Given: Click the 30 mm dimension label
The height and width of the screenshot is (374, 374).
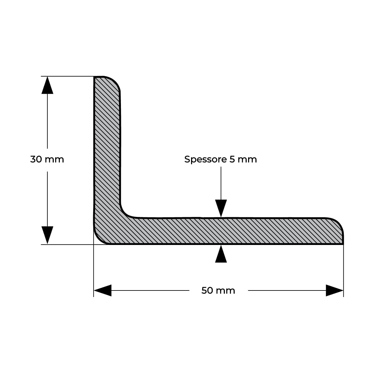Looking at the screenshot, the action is pos(47,159).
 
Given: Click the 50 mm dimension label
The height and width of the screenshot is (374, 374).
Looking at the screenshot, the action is pos(218,290).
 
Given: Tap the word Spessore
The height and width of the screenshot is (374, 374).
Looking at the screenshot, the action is pos(205,160).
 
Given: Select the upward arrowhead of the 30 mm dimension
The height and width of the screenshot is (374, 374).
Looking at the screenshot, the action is pos(47,85).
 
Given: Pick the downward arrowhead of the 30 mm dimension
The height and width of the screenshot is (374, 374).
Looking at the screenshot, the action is pos(47,235).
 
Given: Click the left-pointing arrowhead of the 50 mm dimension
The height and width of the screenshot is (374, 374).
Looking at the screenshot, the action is pos(103,290).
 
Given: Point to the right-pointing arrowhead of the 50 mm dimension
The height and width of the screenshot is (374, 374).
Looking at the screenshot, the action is pos(335,290).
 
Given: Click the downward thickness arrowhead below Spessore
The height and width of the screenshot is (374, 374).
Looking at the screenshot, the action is pos(221,208).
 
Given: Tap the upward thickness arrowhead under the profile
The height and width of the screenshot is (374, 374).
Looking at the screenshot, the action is pos(221,254).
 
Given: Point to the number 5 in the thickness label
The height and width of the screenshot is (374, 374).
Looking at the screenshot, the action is pos(232,159).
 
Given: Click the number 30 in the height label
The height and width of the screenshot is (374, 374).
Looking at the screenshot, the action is pos(36,159).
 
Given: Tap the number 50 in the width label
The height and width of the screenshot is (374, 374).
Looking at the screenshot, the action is pos(207,290).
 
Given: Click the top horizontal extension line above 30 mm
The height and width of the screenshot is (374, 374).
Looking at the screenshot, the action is pos(68,76).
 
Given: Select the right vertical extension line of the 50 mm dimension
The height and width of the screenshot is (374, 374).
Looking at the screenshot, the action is pos(343,271).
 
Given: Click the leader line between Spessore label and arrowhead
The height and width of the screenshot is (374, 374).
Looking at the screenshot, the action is pos(221,183).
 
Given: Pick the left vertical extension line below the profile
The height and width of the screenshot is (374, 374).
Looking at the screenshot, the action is pos(93,271).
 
